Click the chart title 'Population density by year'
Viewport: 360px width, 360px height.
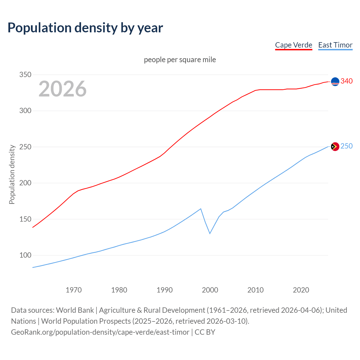coord(85,28)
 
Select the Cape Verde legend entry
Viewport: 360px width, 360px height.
coord(294,45)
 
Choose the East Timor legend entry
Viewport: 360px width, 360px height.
coord(335,45)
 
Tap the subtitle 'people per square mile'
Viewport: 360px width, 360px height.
coord(180,60)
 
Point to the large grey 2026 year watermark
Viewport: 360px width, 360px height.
coord(62,89)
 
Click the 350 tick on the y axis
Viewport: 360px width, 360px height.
coord(25,75)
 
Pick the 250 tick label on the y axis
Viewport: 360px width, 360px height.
coord(25,147)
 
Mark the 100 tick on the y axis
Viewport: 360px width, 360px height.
coord(25,255)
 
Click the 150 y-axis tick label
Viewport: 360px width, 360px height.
coord(25,219)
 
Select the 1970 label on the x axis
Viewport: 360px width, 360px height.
coord(74,290)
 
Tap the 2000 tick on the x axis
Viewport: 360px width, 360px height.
coord(210,290)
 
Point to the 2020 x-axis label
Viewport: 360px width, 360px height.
coord(301,290)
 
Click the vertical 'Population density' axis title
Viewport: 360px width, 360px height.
coord(12,174)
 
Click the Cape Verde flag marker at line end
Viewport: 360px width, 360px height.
coord(335,82)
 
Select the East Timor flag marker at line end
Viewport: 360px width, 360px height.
coord(335,147)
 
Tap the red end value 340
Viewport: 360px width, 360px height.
coord(346,81)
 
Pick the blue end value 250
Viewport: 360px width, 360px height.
coord(346,146)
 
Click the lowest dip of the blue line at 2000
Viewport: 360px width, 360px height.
coord(210,233)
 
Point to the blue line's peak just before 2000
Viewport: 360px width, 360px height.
coord(201,209)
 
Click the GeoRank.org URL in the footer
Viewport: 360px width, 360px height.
coord(100,332)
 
